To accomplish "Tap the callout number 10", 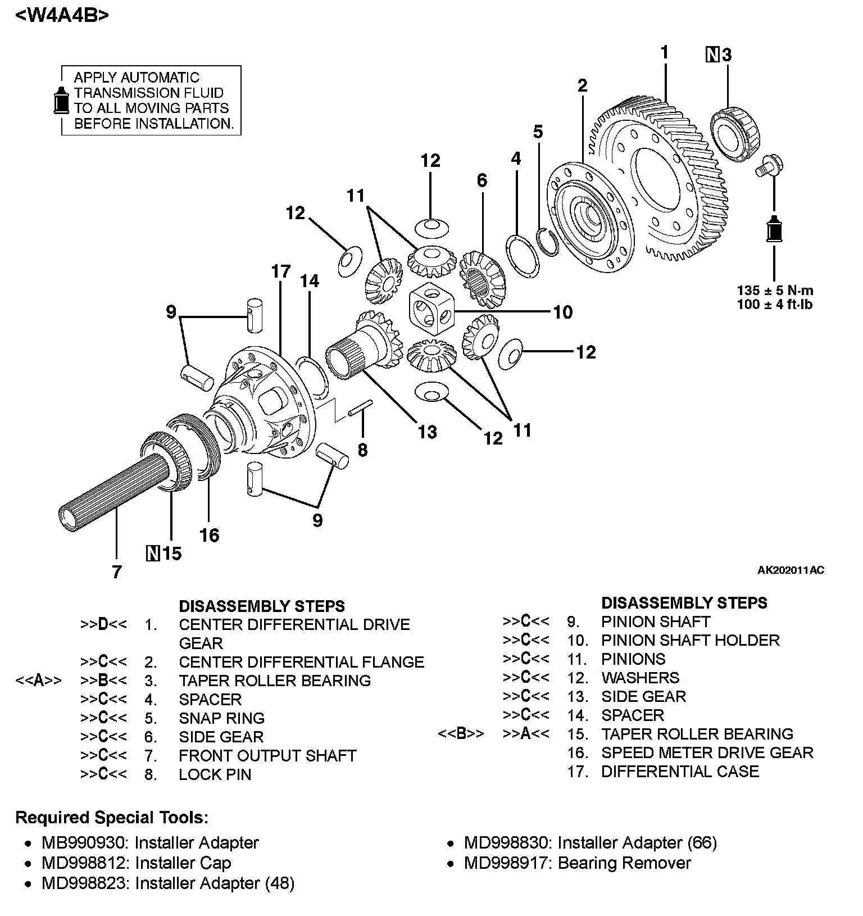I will (x=563, y=312).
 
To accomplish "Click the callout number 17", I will (x=281, y=272).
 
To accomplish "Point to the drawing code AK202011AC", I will (x=791, y=570).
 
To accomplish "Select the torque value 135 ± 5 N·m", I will (x=775, y=291).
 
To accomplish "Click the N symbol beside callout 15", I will (x=152, y=554).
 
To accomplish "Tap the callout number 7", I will (x=116, y=572).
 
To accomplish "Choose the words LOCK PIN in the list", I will (x=215, y=774).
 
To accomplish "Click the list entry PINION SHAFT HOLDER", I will (x=690, y=640).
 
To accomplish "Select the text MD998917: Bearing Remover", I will (x=577, y=863).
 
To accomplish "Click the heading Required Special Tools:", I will (x=111, y=817).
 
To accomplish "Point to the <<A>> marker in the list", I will (x=38, y=681).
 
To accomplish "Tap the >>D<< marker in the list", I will (x=103, y=624).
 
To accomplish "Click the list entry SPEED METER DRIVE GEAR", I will (x=707, y=752).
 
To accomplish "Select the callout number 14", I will (x=310, y=281).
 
